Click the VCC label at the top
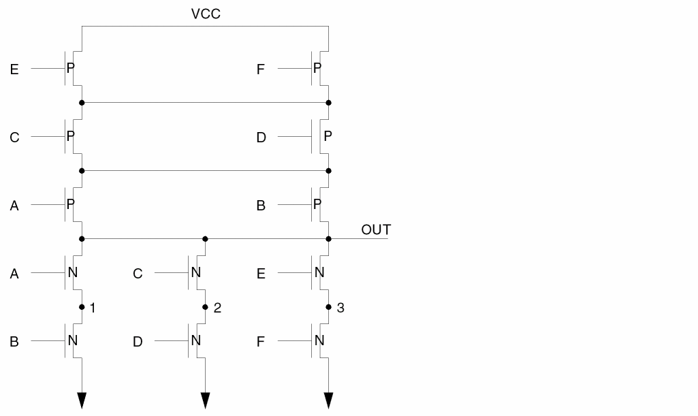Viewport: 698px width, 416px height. pos(206,14)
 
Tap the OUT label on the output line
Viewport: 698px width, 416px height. pos(376,229)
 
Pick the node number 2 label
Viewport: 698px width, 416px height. pos(217,308)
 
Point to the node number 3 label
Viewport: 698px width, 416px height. pos(340,308)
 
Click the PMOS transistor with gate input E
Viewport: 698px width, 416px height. pos(72,69)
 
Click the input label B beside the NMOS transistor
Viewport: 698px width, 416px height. pos(14,342)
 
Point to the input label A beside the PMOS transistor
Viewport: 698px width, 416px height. pos(14,206)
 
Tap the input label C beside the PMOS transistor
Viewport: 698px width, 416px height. pos(14,138)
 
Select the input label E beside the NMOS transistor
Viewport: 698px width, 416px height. pos(261,274)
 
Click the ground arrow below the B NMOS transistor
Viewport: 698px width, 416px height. pos(82,400)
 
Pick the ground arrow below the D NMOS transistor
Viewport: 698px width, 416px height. pos(205,400)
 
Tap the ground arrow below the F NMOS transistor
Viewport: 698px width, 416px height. pos(328,400)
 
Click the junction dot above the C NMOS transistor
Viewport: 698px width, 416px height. pos(205,239)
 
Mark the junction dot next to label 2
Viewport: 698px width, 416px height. pos(205,307)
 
